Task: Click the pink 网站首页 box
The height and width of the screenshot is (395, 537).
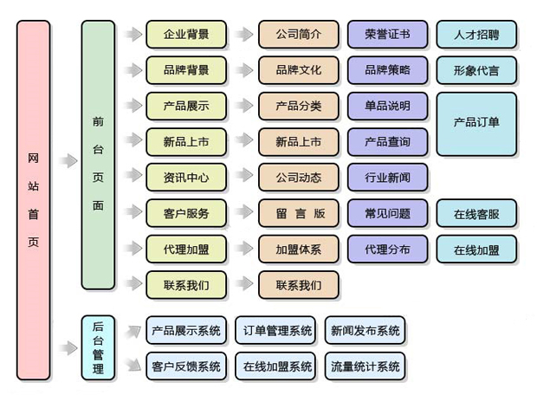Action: (34, 199)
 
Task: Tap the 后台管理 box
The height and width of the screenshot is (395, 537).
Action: (98, 348)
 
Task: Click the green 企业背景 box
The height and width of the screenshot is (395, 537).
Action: (186, 35)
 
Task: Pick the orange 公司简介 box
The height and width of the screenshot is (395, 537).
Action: (299, 35)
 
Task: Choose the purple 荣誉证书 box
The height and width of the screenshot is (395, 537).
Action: (387, 35)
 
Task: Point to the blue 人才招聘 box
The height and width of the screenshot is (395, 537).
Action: (476, 36)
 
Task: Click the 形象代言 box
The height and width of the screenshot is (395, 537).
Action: (476, 70)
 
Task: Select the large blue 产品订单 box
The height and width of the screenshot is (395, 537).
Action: (476, 123)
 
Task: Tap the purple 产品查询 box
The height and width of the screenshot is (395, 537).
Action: (387, 141)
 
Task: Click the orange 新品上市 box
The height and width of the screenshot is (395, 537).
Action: (299, 141)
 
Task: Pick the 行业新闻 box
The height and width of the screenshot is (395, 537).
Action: (387, 178)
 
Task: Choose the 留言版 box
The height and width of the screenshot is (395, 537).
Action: (299, 213)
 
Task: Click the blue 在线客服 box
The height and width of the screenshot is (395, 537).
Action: (476, 213)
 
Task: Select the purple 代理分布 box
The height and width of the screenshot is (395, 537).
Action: (387, 249)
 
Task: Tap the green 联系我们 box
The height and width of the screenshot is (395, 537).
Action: (186, 284)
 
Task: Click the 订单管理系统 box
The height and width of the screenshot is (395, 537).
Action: (277, 330)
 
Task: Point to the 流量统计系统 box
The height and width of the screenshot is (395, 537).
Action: (365, 366)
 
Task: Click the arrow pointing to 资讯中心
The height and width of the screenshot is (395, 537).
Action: (133, 178)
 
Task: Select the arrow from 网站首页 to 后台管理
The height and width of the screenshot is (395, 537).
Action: (68, 348)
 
